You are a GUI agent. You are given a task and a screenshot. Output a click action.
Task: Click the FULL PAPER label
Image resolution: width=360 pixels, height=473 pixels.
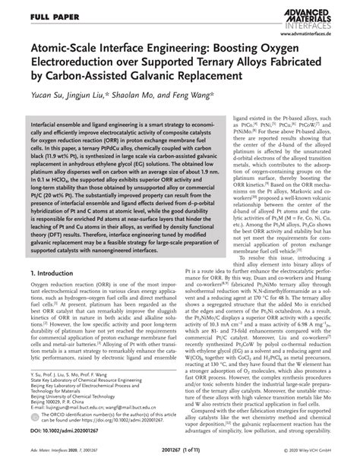pyautogui.click(x=47, y=14)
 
